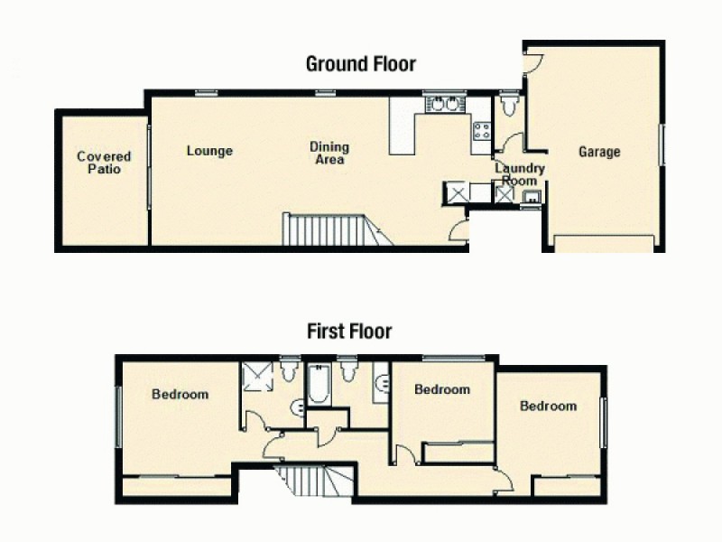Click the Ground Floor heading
360,64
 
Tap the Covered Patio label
104,163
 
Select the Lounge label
209,151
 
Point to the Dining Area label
329,153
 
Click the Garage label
599,152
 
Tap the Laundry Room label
519,174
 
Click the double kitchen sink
444,105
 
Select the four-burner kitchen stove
481,131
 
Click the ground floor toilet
511,107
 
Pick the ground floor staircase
325,229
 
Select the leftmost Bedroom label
180,395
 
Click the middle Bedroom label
441,390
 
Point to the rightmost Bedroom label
548,406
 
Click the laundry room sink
532,194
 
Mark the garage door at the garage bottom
603,243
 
